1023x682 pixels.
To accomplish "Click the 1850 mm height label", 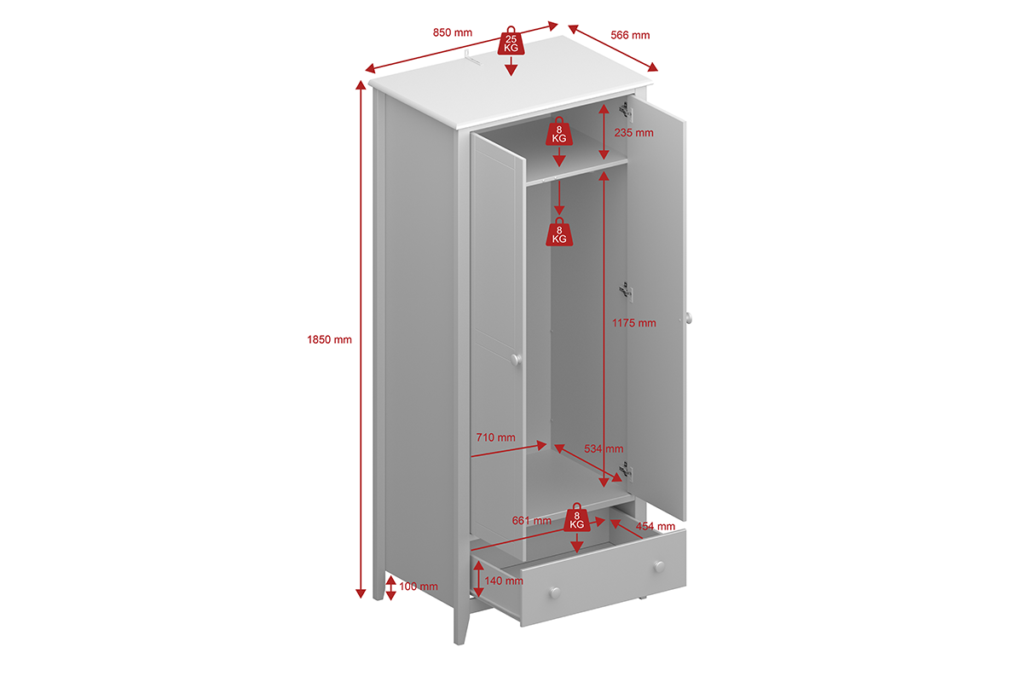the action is coord(329,339).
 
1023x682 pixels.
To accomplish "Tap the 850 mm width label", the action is coord(452,32).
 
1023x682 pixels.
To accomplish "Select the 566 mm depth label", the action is coord(630,35).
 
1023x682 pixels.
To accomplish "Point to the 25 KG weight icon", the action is coord(511,41).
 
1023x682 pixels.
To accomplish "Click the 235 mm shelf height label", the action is coord(633,133).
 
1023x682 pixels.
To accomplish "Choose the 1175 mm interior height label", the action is coord(634,323).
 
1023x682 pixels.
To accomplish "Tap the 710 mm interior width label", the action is coord(495,437).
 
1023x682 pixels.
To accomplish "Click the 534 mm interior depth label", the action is coord(604,448).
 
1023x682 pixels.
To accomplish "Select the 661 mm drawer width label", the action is coord(532,520).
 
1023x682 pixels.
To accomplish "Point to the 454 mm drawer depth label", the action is coord(656,526).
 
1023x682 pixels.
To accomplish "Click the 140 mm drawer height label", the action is coord(504,581).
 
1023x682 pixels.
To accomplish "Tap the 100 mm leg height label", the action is coord(419,586).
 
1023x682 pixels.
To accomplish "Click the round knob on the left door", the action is coord(516,360).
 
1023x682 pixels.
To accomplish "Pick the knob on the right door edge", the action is coord(689,318).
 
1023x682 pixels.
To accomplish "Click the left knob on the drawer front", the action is coord(555,593).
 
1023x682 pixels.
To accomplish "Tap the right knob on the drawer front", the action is coord(659,566).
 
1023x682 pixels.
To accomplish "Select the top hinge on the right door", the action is coord(626,112).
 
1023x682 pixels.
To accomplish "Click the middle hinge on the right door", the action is coord(626,292).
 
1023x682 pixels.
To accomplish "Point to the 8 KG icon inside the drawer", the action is coord(577,517).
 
